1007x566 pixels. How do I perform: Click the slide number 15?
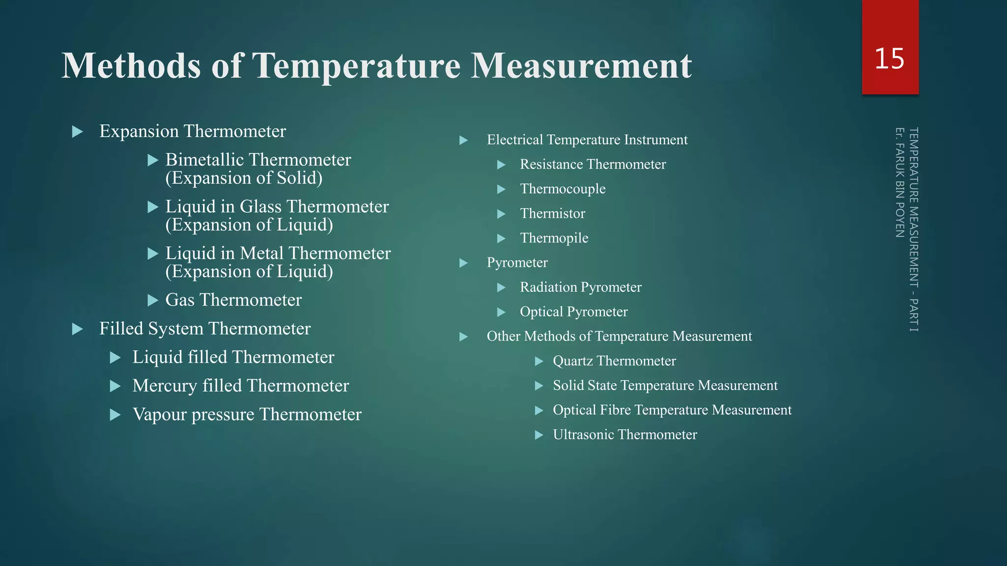click(x=889, y=59)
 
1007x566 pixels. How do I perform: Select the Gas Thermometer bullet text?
click(x=234, y=300)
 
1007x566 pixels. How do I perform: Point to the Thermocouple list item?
click(x=563, y=189)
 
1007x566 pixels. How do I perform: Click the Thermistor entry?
click(x=553, y=213)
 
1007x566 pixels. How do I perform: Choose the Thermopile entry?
click(x=554, y=238)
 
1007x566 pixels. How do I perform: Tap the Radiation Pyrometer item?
click(x=581, y=287)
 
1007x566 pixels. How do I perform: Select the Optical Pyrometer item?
click(x=574, y=311)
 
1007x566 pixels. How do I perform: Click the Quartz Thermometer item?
click(x=614, y=361)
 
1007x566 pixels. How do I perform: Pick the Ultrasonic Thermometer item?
click(x=625, y=434)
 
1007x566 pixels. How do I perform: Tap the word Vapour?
click(x=159, y=415)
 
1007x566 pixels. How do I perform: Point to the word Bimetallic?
click(x=205, y=160)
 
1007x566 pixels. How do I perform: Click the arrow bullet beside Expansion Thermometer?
click(x=78, y=132)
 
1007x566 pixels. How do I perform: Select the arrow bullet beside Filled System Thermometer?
click(x=78, y=329)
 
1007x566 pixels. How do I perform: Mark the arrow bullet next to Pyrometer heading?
click(x=463, y=263)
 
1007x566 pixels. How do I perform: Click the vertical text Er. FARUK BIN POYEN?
click(x=899, y=182)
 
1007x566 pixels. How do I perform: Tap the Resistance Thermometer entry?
click(x=593, y=164)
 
